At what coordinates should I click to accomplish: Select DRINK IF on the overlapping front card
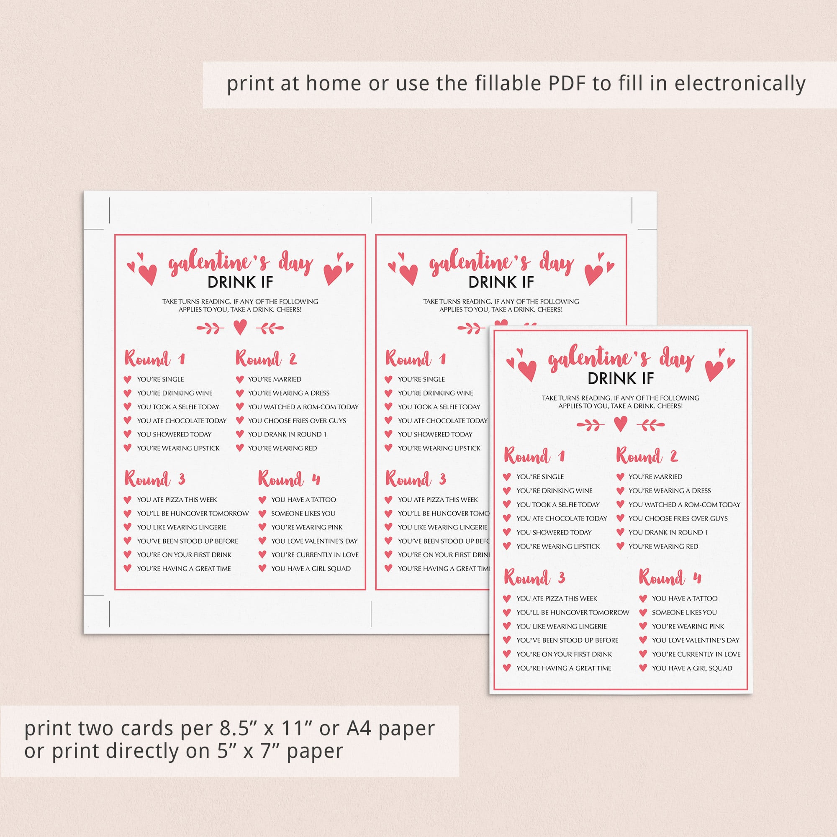point(620,378)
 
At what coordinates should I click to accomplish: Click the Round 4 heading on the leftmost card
point(289,479)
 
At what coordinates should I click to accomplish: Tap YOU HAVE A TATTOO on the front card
point(685,598)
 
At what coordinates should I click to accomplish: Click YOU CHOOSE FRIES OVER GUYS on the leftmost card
point(297,420)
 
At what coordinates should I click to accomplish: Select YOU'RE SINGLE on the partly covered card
point(421,379)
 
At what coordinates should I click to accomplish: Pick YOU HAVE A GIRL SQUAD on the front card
point(692,668)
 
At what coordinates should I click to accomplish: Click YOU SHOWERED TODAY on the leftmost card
point(174,434)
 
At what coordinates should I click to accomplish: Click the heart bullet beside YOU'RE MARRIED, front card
point(620,477)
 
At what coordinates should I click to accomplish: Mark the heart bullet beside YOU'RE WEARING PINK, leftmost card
point(262,527)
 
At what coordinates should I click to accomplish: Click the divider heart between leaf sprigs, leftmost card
point(240,328)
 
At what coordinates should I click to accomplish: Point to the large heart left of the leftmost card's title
point(147,274)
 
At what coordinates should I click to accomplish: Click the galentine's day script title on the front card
point(621,359)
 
